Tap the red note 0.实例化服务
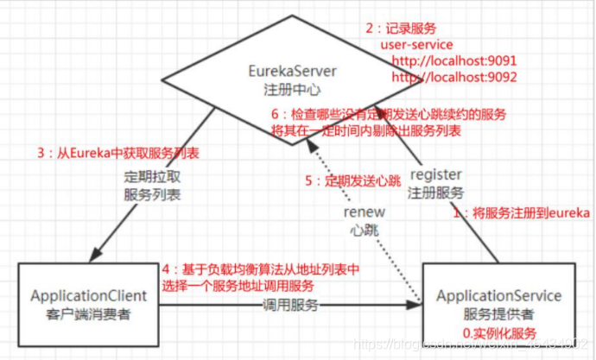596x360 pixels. pos(501,333)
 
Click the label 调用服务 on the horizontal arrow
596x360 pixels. pos(291,306)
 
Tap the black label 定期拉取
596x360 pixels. pos(152,178)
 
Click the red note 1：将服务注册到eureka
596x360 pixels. pos(522,212)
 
